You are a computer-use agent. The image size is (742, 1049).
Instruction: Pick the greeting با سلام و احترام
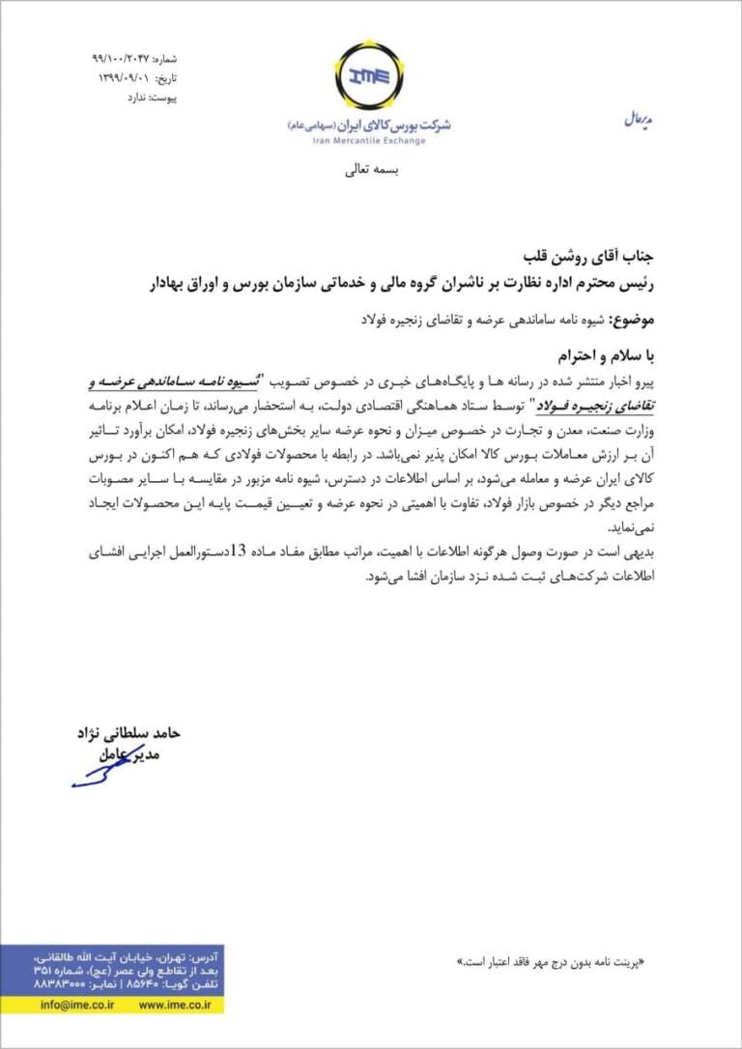[x=606, y=353]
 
